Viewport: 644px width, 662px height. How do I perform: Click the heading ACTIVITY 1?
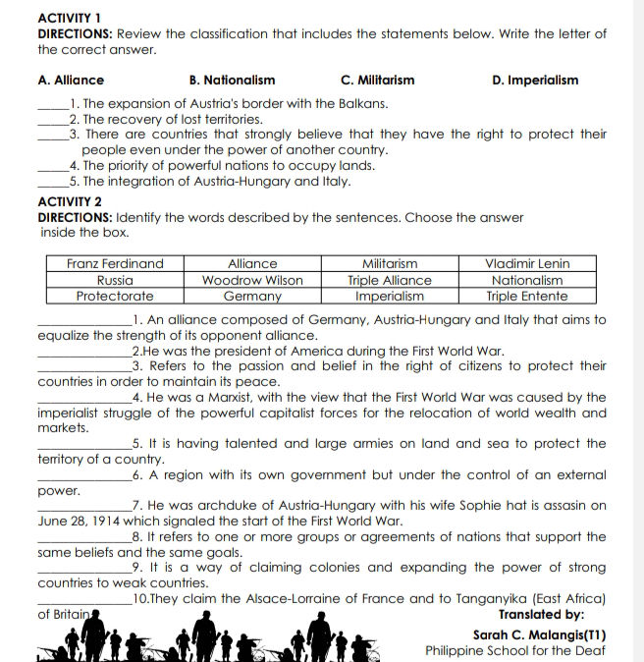[x=69, y=18]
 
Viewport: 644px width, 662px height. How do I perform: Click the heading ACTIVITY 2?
[x=69, y=201]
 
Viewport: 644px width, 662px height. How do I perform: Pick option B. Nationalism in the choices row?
[x=232, y=81]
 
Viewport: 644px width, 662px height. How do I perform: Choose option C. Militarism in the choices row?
[x=377, y=81]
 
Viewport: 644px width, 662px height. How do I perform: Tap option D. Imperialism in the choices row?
[x=535, y=81]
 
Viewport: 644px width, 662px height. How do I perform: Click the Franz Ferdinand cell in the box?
[x=115, y=263]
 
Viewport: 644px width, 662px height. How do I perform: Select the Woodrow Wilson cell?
[x=252, y=280]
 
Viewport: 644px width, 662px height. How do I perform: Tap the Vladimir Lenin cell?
[x=527, y=263]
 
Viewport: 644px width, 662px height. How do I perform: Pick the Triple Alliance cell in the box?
[x=390, y=280]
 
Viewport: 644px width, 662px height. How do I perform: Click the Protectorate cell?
[x=115, y=296]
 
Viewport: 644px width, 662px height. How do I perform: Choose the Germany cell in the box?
[x=252, y=296]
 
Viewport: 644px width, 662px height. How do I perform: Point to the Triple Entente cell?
[x=527, y=296]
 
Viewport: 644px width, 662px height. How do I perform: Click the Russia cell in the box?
[x=115, y=280]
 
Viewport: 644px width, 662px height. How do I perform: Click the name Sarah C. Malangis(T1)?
[x=539, y=634]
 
